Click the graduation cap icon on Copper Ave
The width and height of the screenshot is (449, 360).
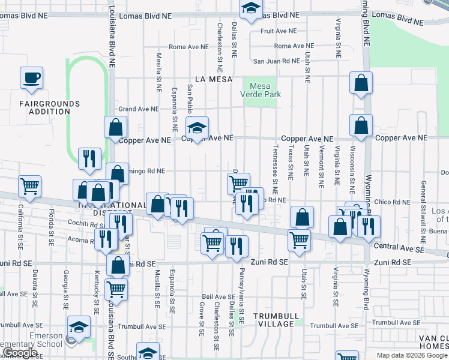pyautogui.click(x=196, y=127)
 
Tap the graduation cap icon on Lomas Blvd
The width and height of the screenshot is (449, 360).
pyautogui.click(x=250, y=9)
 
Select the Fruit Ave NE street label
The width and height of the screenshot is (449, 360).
pyautogui.click(x=279, y=31)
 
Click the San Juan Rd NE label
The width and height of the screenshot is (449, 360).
pyautogui.click(x=276, y=61)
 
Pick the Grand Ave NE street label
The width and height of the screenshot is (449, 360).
pyautogui.click(x=139, y=109)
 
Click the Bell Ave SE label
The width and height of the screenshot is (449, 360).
pyautogui.click(x=218, y=297)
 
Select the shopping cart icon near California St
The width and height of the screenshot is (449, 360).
pyautogui.click(x=30, y=187)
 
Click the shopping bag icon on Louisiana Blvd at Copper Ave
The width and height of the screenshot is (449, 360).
pyautogui.click(x=115, y=128)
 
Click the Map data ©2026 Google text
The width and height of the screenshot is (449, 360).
pyautogui.click(x=412, y=355)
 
